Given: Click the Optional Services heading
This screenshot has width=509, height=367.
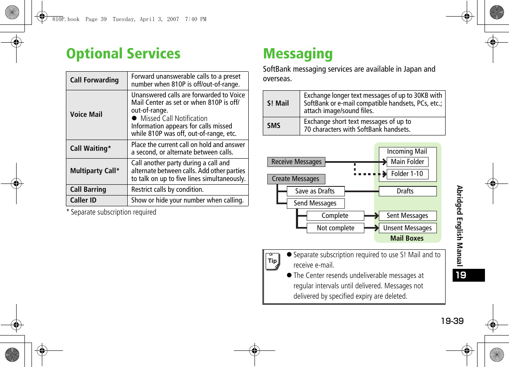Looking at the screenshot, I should (123, 54).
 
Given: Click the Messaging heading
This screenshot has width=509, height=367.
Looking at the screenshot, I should (298, 54).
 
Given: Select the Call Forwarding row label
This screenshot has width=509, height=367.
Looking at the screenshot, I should (95, 80).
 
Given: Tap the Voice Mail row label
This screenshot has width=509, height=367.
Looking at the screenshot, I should (86, 114).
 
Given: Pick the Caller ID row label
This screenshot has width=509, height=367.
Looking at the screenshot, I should (83, 200).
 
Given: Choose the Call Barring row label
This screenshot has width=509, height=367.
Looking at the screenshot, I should (88, 189).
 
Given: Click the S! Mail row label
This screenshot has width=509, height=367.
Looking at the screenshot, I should (278, 103).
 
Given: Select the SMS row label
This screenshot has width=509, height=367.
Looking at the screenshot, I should (274, 126).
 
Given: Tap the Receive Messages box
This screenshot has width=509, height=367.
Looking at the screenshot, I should (296, 162).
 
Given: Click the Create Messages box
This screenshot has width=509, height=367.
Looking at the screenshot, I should (296, 179).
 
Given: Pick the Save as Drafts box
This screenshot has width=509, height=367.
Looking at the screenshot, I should (315, 191).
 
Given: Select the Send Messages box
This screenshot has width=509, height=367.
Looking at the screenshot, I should (315, 203).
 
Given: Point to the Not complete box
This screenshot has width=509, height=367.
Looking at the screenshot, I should (335, 228).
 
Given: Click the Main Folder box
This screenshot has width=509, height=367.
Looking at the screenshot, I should (407, 162).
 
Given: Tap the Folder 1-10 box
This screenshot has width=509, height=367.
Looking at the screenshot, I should (407, 174).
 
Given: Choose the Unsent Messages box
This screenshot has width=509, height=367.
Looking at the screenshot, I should (407, 228).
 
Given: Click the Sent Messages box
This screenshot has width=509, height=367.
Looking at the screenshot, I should (407, 215).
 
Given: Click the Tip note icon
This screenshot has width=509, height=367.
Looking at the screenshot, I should (272, 261).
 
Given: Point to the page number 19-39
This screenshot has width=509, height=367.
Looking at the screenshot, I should (452, 321).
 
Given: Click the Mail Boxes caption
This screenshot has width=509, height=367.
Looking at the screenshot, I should (407, 238).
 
